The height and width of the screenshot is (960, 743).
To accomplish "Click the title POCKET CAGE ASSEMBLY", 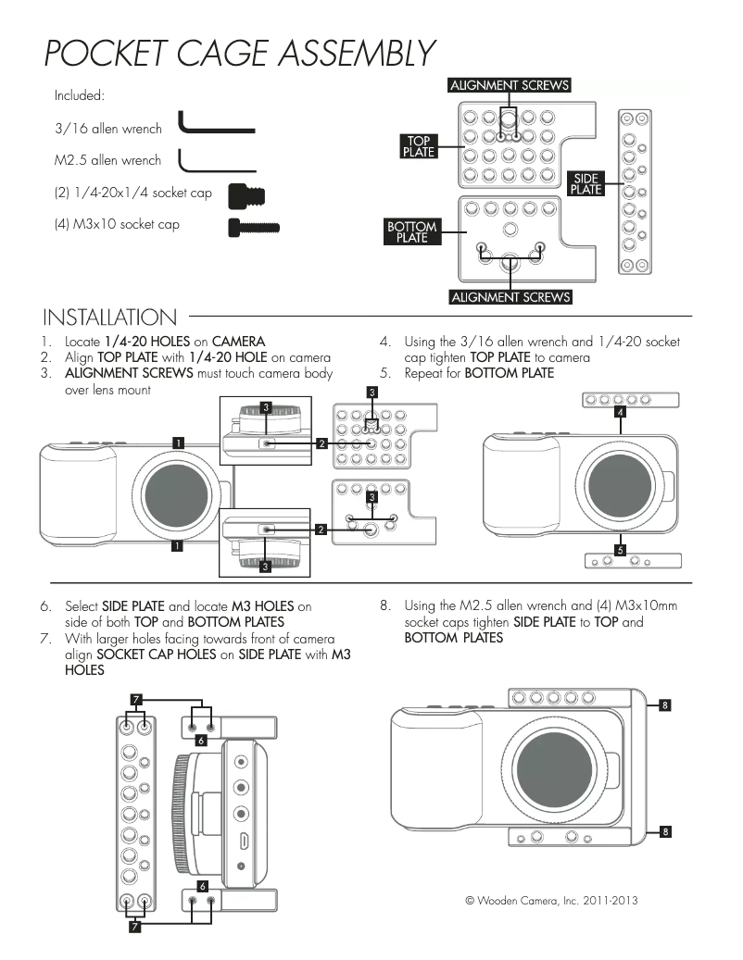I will [x=239, y=54].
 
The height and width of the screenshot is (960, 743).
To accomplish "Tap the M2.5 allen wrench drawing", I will [x=215, y=163].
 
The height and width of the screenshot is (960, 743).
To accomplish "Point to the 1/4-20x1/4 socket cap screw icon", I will [x=247, y=195].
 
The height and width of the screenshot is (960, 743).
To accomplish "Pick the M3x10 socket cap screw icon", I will [x=253, y=225].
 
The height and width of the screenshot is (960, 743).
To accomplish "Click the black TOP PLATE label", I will [x=418, y=146].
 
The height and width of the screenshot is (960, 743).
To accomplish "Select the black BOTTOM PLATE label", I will [x=411, y=231].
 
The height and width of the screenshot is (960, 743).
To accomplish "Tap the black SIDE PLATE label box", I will [x=586, y=183].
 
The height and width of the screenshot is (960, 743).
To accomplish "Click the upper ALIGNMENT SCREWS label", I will [x=509, y=85].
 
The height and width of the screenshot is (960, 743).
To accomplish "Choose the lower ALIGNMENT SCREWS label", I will [x=510, y=297].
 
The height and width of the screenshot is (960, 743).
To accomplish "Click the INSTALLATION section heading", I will [x=109, y=318].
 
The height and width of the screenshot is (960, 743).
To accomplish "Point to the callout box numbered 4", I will [x=620, y=413].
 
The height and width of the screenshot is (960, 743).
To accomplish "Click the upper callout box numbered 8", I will [x=665, y=705].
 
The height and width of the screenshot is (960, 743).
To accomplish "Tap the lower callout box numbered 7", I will [x=135, y=928].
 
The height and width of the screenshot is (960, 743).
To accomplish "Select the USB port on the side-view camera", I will [x=242, y=842].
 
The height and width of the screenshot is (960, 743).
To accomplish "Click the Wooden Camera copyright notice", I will [x=550, y=900].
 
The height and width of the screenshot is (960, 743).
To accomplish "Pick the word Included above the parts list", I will [x=80, y=95].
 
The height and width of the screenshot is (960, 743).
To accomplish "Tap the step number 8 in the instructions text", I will [x=384, y=606].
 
